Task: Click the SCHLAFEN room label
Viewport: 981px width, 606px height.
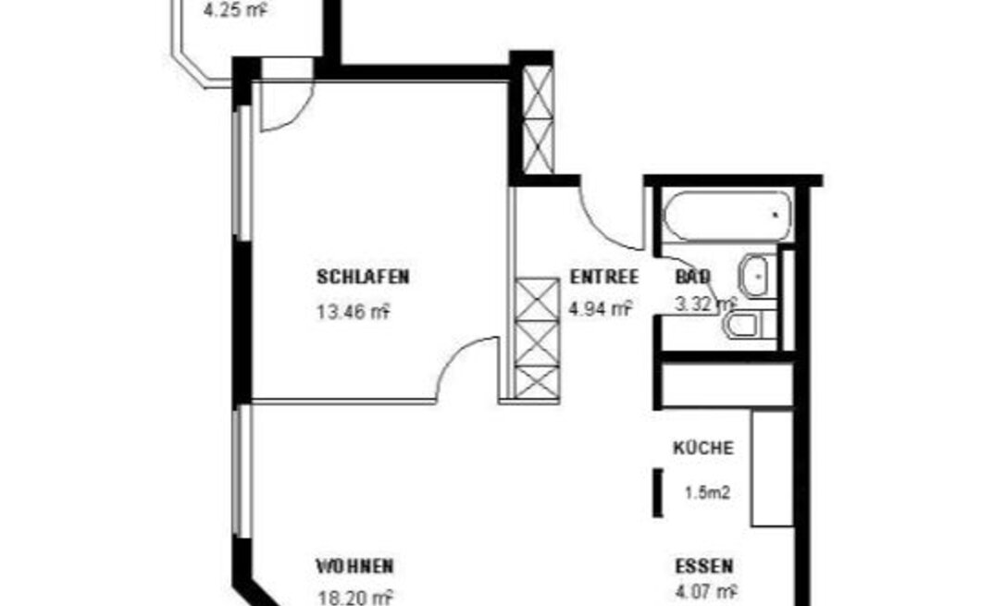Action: click(363, 277)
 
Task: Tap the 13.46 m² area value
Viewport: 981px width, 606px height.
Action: click(353, 312)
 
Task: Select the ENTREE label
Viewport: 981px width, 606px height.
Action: click(604, 277)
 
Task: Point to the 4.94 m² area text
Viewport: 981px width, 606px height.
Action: click(601, 308)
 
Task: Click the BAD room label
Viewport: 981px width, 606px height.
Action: click(693, 277)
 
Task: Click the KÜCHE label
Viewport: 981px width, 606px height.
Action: click(703, 448)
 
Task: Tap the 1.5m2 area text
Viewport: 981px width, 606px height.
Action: click(708, 493)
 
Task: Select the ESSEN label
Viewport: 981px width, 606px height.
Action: click(704, 566)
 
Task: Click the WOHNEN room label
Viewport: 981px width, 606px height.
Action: click(354, 566)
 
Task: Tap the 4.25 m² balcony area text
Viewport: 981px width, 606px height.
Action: click(237, 10)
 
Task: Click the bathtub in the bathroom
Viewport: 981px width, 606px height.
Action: click(727, 216)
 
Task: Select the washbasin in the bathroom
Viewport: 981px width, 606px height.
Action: click(757, 275)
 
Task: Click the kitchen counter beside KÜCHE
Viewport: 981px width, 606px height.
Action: click(773, 468)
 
